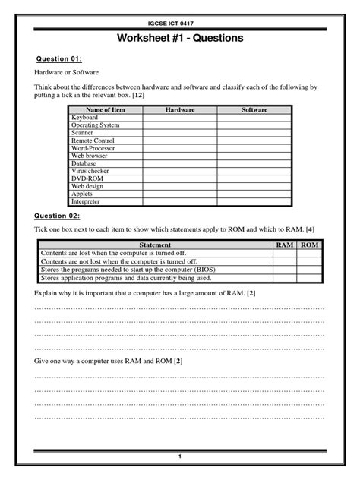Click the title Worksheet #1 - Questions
(x=180, y=39)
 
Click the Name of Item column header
(x=106, y=110)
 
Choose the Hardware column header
(x=180, y=110)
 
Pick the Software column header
(x=254, y=110)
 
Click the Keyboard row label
(x=84, y=118)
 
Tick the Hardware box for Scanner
(x=180, y=133)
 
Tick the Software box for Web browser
(x=254, y=156)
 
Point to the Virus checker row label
(x=90, y=172)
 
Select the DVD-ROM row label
(x=87, y=179)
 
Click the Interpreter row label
(x=86, y=202)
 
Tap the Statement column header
(x=154, y=245)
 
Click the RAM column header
(x=284, y=245)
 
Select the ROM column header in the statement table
(x=310, y=245)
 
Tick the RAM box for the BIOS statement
(x=284, y=270)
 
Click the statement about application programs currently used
(x=125, y=278)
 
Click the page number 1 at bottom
(x=180, y=456)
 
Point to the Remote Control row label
(x=93, y=141)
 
